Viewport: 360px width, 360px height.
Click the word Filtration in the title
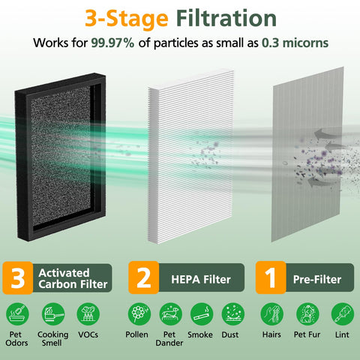point(226,19)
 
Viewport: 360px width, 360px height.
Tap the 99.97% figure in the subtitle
point(112,43)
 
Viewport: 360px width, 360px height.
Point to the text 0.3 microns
point(295,43)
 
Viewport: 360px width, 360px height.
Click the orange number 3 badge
point(18,277)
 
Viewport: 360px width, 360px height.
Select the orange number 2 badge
point(144,277)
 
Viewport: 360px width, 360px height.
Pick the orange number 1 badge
point(271,277)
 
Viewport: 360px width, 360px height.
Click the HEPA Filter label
point(201,280)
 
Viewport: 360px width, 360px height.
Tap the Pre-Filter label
point(317,280)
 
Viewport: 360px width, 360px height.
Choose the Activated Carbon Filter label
point(73,278)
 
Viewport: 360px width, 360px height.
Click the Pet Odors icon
point(17,314)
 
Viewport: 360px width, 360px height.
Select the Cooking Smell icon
point(53,314)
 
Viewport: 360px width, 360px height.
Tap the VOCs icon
point(88,314)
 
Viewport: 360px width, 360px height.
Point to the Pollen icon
point(139,314)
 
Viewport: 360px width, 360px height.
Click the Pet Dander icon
point(171,314)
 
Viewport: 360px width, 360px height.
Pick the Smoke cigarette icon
point(202,314)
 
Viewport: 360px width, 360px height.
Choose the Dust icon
point(233,314)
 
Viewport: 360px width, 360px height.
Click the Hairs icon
point(272,314)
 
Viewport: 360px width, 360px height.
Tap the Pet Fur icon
point(307,314)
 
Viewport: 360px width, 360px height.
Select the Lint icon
point(343,314)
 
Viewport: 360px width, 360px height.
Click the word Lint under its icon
point(342,334)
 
